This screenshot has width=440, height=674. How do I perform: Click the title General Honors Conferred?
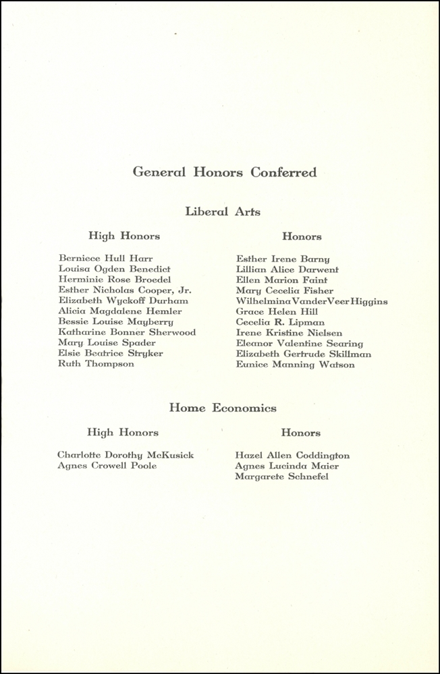[224, 173]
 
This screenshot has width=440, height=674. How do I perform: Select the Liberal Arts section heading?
[223, 212]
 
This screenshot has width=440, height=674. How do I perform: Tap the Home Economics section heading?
[223, 408]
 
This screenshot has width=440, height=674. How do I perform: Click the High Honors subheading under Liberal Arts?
[124, 236]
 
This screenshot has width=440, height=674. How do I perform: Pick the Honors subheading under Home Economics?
[301, 433]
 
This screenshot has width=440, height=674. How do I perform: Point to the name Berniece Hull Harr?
[106, 258]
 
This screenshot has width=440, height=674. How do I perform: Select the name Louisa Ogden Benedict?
[115, 269]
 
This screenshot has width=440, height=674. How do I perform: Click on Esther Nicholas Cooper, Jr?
[125, 290]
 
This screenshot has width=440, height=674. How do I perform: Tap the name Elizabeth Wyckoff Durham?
[123, 301]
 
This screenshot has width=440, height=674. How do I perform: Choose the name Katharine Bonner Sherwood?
[128, 332]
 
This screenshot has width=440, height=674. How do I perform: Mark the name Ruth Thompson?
[97, 364]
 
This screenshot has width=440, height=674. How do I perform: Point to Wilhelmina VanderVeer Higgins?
[312, 301]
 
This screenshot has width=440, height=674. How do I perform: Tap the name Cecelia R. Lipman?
[280, 322]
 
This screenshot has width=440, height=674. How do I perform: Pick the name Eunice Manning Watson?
[295, 365]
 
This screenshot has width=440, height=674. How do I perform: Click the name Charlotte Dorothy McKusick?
[126, 455]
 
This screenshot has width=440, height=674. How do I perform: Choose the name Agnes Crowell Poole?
[107, 466]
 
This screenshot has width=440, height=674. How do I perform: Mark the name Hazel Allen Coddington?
[292, 456]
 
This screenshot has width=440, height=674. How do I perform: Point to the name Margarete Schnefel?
[281, 477]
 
